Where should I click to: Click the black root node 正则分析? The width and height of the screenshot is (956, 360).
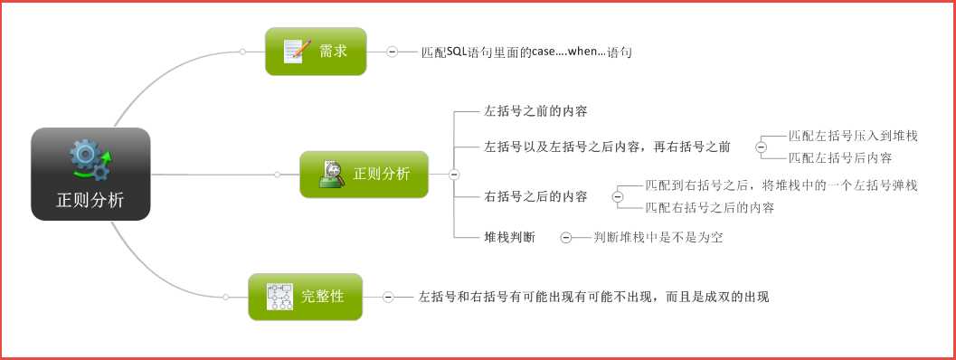tap(90, 174)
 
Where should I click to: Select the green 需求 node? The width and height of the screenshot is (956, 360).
tap(316, 51)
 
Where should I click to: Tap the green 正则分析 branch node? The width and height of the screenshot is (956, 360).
tap(364, 174)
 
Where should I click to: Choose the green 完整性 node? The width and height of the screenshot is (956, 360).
tap(305, 296)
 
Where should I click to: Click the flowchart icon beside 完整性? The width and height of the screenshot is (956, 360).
tap(279, 296)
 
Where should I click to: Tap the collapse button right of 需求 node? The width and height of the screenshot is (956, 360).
tap(392, 52)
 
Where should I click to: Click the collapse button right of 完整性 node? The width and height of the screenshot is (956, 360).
tap(388, 296)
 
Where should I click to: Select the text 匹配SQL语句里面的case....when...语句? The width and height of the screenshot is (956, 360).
tap(526, 52)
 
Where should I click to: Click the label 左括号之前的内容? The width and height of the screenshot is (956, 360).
tap(536, 112)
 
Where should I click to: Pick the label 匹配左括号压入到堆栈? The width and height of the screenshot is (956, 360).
tap(853, 137)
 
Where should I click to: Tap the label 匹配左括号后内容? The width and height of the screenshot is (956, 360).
tap(840, 157)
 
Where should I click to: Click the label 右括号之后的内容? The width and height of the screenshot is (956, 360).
tap(536, 196)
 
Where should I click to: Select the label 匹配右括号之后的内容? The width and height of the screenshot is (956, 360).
tap(709, 207)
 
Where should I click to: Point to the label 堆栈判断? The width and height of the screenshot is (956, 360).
tap(510, 237)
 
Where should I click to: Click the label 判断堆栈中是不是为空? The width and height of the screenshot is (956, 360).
tap(658, 238)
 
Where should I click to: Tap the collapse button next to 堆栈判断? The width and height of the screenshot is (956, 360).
tap(565, 238)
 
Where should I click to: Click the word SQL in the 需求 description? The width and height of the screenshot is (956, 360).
tap(456, 52)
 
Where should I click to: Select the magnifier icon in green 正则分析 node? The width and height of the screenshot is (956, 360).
tap(332, 174)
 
